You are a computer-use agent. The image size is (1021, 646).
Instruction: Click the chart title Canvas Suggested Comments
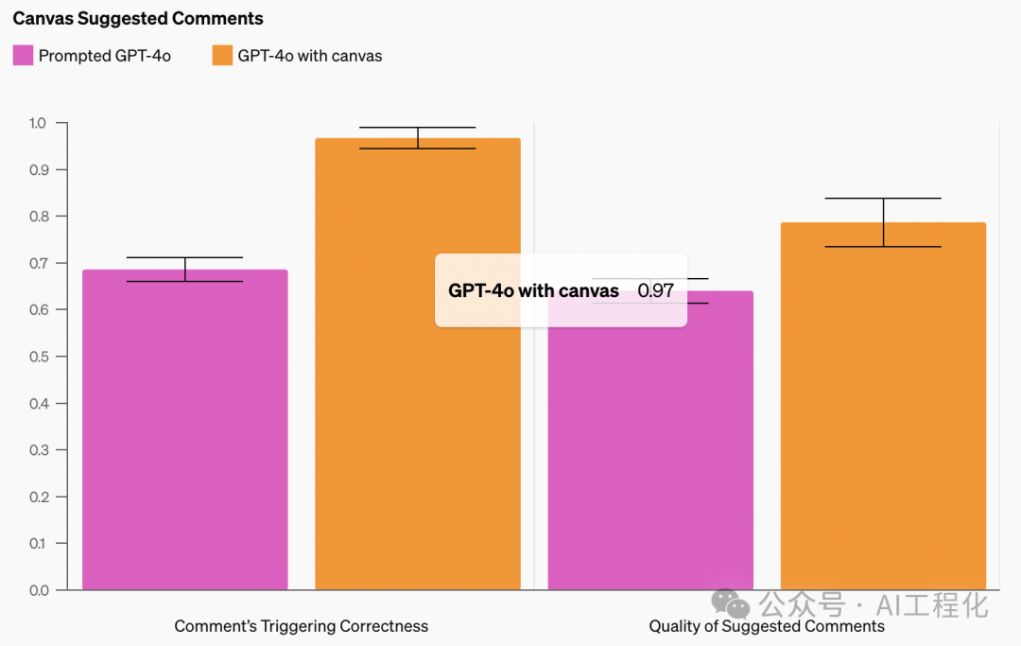pos(138,18)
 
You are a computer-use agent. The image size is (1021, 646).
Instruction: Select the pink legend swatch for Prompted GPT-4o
pos(23,55)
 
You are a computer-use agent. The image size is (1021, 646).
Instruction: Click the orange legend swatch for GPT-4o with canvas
pos(222,55)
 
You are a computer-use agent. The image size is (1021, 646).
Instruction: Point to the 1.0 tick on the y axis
pos(37,123)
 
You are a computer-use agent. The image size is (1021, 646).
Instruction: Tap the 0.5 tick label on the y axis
pos(37,357)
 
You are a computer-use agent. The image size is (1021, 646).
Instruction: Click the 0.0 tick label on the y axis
pos(37,590)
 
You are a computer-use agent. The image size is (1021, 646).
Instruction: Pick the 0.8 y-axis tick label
pos(37,217)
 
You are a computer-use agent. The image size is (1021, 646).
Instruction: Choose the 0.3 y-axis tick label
pos(37,450)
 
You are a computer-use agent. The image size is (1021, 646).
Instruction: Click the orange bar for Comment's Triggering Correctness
pos(418,378)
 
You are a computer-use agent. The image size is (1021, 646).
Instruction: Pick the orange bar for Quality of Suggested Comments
pos(883,407)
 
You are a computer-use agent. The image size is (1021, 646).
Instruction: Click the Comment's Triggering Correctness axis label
pos(301,626)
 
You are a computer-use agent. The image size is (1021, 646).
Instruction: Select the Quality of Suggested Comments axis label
pos(767,626)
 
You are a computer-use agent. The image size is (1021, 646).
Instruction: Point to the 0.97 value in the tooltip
pos(656,290)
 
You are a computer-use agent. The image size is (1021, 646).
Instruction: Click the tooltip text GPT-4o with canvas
pos(533,290)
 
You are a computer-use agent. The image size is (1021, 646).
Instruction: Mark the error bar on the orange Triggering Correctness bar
pos(418,138)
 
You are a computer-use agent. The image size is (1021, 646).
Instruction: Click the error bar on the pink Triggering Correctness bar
pos(185,270)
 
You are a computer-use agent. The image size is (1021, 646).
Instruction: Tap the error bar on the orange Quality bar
pos(883,222)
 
